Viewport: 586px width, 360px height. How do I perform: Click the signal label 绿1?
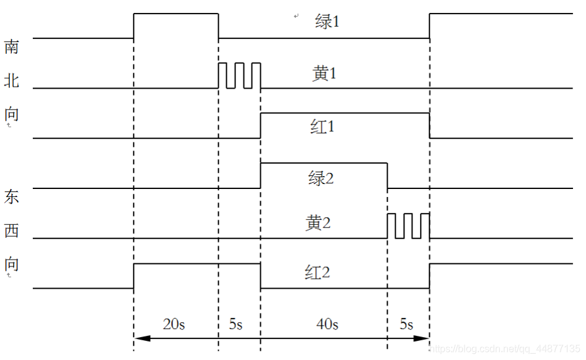click(x=327, y=22)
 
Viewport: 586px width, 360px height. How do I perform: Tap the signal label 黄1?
click(x=324, y=74)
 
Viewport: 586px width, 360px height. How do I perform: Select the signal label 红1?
click(x=322, y=127)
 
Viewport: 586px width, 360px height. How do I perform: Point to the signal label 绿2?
click(x=321, y=178)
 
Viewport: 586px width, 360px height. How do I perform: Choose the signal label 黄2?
click(x=318, y=223)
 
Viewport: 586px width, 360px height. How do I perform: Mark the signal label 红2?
click(x=317, y=272)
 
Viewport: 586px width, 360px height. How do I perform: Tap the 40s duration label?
click(x=326, y=324)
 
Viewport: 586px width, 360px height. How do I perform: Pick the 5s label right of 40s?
click(x=406, y=324)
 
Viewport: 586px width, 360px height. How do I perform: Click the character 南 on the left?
click(x=12, y=47)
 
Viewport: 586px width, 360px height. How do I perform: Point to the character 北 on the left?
click(x=12, y=81)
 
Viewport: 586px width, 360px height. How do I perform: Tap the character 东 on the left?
click(x=12, y=197)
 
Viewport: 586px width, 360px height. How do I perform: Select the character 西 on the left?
click(x=12, y=231)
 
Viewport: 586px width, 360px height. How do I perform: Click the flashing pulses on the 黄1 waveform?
click(x=239, y=76)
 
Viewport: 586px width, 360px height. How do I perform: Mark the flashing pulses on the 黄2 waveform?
click(x=408, y=226)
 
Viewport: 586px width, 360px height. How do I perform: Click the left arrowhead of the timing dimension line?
click(x=140, y=338)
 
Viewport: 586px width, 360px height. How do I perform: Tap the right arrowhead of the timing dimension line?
click(x=424, y=338)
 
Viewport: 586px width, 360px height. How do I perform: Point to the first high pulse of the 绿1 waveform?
click(x=176, y=14)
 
